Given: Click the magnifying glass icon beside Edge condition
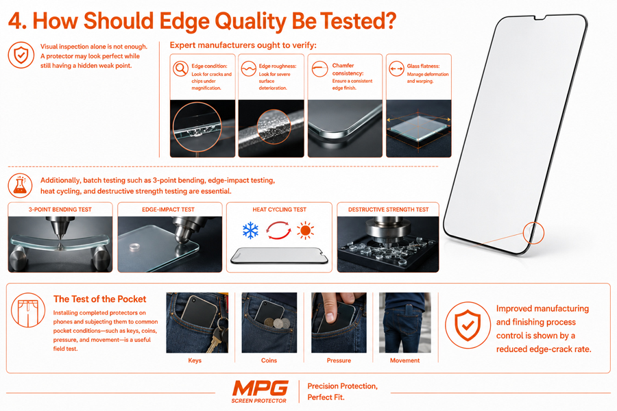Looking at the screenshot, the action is click(x=180, y=68).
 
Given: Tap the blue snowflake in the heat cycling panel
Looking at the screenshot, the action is click(x=250, y=230).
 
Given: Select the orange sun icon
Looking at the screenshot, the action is click(x=305, y=230).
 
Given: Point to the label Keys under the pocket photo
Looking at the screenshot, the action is click(x=195, y=360).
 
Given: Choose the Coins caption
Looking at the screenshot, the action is click(x=269, y=360).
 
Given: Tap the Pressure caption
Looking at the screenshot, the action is click(x=339, y=360).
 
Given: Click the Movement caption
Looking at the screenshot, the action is click(x=404, y=360).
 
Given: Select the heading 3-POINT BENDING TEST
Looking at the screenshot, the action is click(x=60, y=210).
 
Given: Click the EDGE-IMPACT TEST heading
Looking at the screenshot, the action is click(x=168, y=210).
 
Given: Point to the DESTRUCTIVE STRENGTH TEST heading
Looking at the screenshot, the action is click(x=388, y=210).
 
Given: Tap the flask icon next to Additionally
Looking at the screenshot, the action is click(x=20, y=185).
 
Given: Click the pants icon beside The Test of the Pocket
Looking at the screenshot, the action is click(x=28, y=310).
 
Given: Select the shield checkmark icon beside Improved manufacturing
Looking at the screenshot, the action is click(x=468, y=325).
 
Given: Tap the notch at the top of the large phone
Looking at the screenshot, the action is click(x=540, y=18).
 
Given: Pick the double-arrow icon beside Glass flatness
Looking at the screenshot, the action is click(x=397, y=68).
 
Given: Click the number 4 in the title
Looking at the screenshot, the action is click(x=15, y=21).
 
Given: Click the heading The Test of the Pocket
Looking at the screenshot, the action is click(x=99, y=299).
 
